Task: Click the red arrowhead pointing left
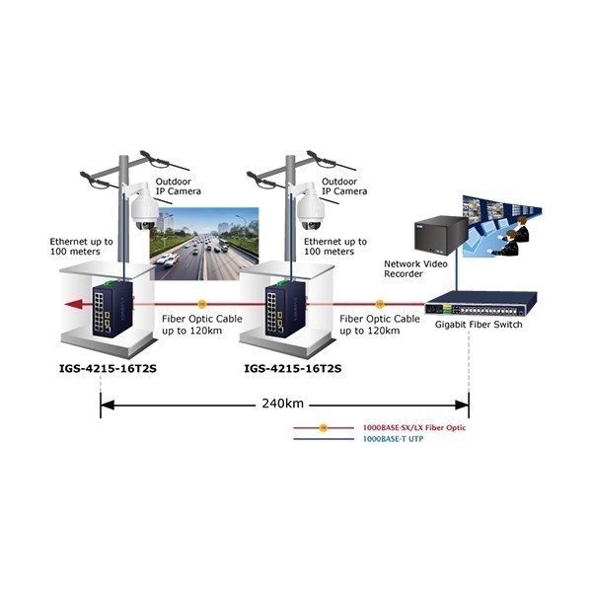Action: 73,304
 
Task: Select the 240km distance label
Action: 283,404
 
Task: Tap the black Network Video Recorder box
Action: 441,235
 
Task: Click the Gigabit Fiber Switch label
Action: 479,325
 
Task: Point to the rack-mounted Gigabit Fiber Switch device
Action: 481,304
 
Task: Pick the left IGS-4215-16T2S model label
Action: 108,368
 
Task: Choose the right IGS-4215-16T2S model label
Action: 293,368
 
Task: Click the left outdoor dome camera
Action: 144,207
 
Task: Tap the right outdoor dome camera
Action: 310,207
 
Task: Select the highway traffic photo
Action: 204,244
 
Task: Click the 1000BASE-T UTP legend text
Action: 393,439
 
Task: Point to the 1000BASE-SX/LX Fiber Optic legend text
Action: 414,428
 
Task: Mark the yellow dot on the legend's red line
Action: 324,428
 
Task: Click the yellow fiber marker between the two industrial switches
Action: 202,304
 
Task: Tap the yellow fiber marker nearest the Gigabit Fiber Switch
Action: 380,304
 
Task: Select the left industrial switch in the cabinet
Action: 112,309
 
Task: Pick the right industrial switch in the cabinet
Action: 286,309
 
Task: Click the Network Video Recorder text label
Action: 415,268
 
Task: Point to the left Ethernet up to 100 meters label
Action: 82,247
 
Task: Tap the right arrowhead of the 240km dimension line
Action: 462,406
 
